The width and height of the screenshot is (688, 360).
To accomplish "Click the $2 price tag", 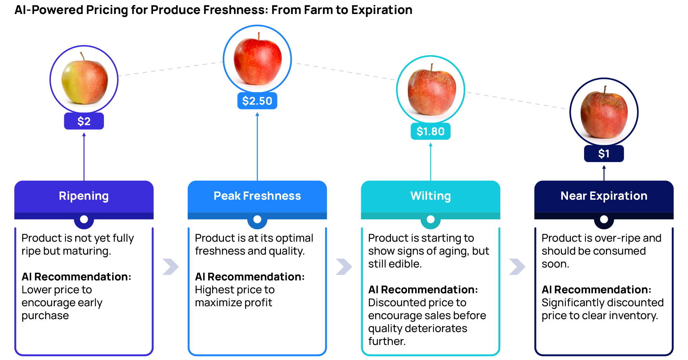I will (84, 121).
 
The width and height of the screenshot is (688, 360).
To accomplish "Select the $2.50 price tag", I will (257, 101).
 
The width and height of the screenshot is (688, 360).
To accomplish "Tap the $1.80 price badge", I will (430, 131).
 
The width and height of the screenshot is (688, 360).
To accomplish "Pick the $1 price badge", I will (604, 153).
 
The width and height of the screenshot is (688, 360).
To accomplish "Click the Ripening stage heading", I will (84, 196).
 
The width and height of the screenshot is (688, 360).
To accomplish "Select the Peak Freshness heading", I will (257, 196).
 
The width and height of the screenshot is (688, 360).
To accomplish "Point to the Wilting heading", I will (430, 196).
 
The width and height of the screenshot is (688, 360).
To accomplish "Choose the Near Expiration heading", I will (604, 196).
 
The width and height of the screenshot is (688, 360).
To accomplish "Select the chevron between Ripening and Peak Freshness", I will (170, 266).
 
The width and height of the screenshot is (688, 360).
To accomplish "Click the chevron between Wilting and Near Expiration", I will (517, 266).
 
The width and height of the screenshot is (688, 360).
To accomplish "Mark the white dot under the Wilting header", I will (430, 219).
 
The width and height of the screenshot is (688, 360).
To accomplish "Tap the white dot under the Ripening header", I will (84, 219).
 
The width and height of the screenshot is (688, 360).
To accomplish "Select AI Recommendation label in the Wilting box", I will (423, 289).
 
